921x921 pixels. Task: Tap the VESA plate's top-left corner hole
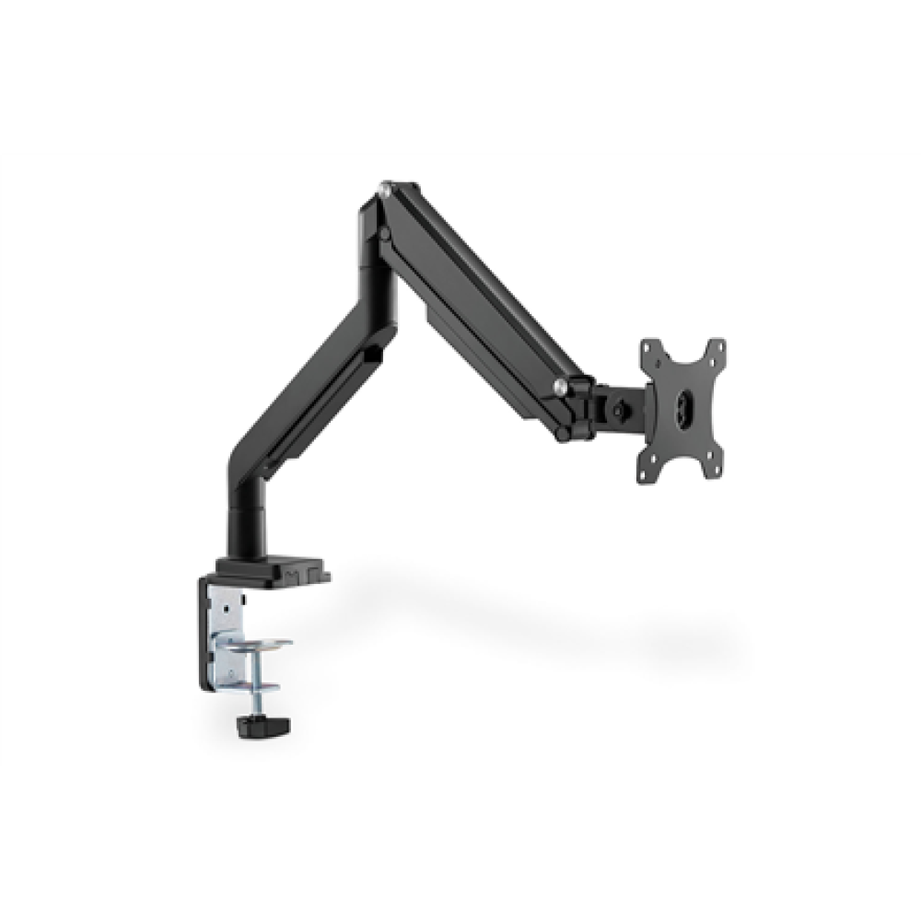(650, 348)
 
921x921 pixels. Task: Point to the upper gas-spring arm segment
(479, 286)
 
